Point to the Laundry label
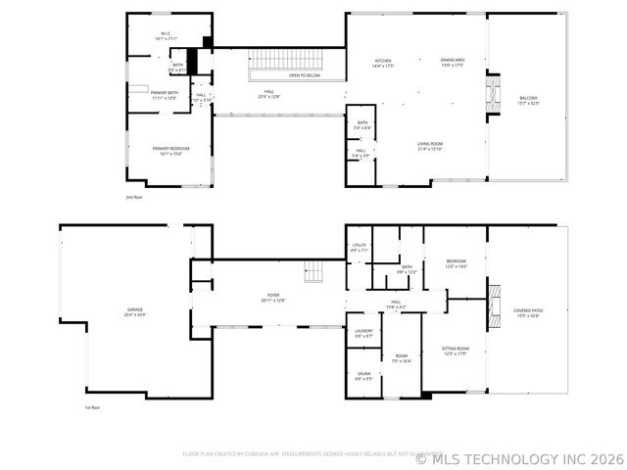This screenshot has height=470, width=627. pyautogui.click(x=363, y=333)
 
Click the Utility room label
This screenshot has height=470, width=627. pyautogui.click(x=360, y=248)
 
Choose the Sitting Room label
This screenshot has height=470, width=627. pyautogui.click(x=456, y=351)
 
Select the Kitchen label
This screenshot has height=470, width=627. pyautogui.click(x=382, y=63)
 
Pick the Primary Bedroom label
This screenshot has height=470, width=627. pyautogui.click(x=170, y=150)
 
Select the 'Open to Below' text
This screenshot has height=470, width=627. pyautogui.click(x=304, y=75)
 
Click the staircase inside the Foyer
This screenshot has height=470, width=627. pyautogui.click(x=313, y=273)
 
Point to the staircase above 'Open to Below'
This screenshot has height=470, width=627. pyautogui.click(x=294, y=58)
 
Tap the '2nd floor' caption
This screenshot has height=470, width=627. pyautogui.click(x=134, y=198)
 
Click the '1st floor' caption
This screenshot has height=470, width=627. pyautogui.click(x=93, y=407)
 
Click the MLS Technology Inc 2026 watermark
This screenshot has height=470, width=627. pyautogui.click(x=518, y=457)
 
